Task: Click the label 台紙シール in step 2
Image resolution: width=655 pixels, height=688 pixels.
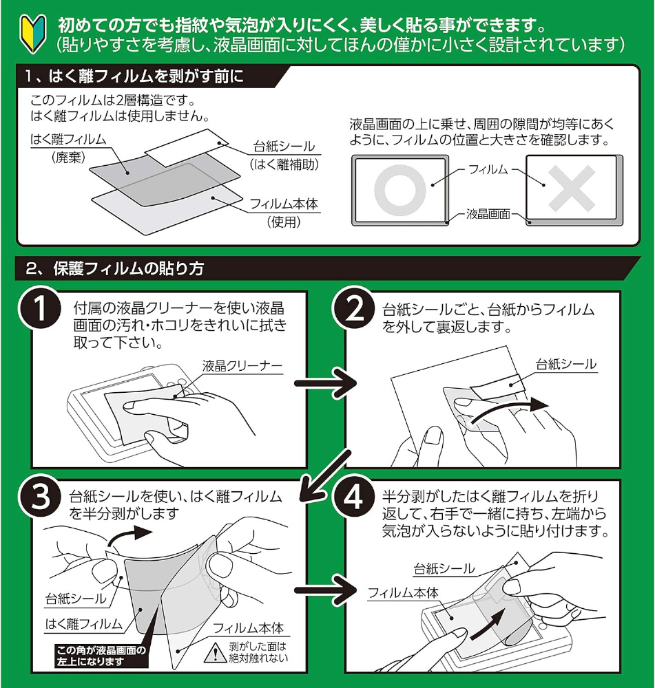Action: pyautogui.click(x=566, y=364)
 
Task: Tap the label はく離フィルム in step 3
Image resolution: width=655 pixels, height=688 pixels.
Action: pyautogui.click(x=83, y=624)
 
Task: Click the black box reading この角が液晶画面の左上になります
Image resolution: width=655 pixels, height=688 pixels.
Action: pyautogui.click(x=103, y=655)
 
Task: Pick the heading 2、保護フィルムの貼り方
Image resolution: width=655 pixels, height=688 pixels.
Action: pyautogui.click(x=114, y=268)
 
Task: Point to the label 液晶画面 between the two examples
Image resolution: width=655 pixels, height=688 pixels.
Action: pyautogui.click(x=488, y=214)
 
